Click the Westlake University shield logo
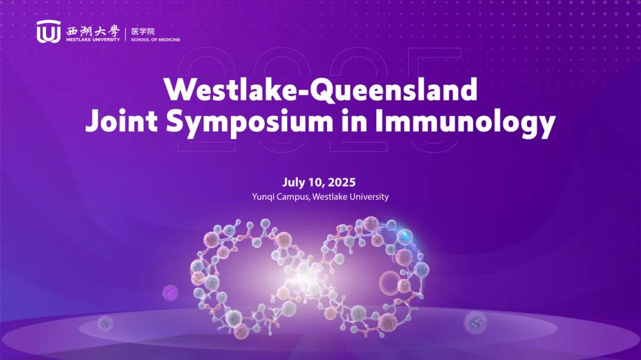click(x=48, y=31)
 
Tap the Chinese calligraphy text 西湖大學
click(x=93, y=31)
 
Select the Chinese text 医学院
click(x=142, y=31)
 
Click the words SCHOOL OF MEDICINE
click(x=156, y=40)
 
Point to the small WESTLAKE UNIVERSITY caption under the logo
click(x=93, y=40)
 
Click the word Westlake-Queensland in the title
click(x=320, y=89)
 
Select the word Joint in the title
click(x=122, y=122)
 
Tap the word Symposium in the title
click(x=249, y=123)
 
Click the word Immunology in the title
click(x=465, y=123)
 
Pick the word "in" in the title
click(x=354, y=122)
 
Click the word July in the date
click(x=294, y=182)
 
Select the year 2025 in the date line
click(x=341, y=182)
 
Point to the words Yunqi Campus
click(x=281, y=197)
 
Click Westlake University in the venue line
click(x=350, y=196)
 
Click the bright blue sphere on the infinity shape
click(x=405, y=236)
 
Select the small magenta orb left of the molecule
click(x=170, y=292)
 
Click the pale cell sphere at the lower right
click(x=475, y=323)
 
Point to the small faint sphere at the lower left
click(x=105, y=324)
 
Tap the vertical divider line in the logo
click(x=125, y=33)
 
